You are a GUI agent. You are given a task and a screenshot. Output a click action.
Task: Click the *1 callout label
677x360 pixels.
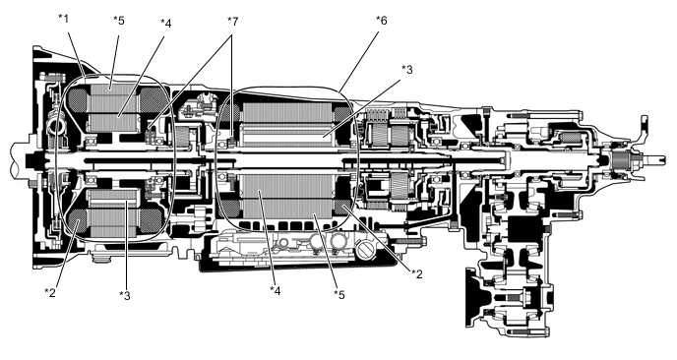64,19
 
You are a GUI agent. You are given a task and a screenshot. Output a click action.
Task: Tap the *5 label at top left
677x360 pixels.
118,20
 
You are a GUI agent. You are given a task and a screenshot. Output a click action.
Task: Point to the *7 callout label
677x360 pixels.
232,20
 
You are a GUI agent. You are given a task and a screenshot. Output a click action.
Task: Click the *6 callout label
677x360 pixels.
381,20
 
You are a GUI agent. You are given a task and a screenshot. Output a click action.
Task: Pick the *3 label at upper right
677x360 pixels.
407,69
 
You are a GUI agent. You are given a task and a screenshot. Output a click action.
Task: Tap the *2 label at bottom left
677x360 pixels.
50,291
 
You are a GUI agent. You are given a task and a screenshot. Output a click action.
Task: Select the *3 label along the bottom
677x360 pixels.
124,294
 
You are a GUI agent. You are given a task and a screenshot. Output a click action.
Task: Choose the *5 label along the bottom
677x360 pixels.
338,294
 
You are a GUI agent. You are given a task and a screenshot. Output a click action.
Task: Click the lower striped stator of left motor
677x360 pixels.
113,211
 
